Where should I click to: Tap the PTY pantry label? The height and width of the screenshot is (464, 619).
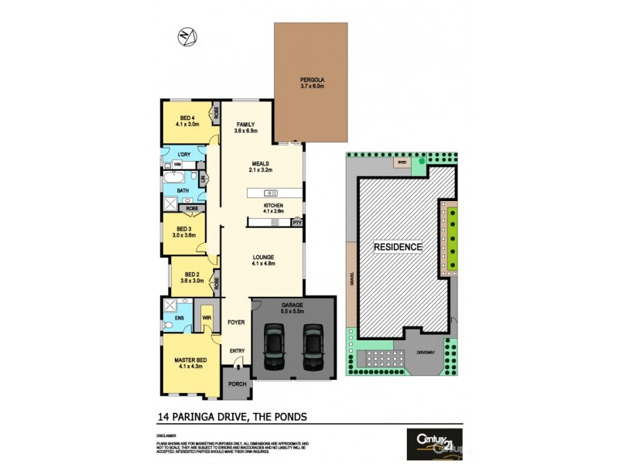[296, 223]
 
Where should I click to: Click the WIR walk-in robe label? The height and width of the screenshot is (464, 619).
[207, 316]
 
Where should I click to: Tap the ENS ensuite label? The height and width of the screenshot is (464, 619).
[179, 317]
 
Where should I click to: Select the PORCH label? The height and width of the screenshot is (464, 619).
[238, 383]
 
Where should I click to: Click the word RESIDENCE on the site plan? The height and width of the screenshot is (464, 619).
[398, 247]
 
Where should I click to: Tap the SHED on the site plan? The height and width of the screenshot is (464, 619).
[401, 163]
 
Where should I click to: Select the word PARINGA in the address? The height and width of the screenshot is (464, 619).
[195, 417]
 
